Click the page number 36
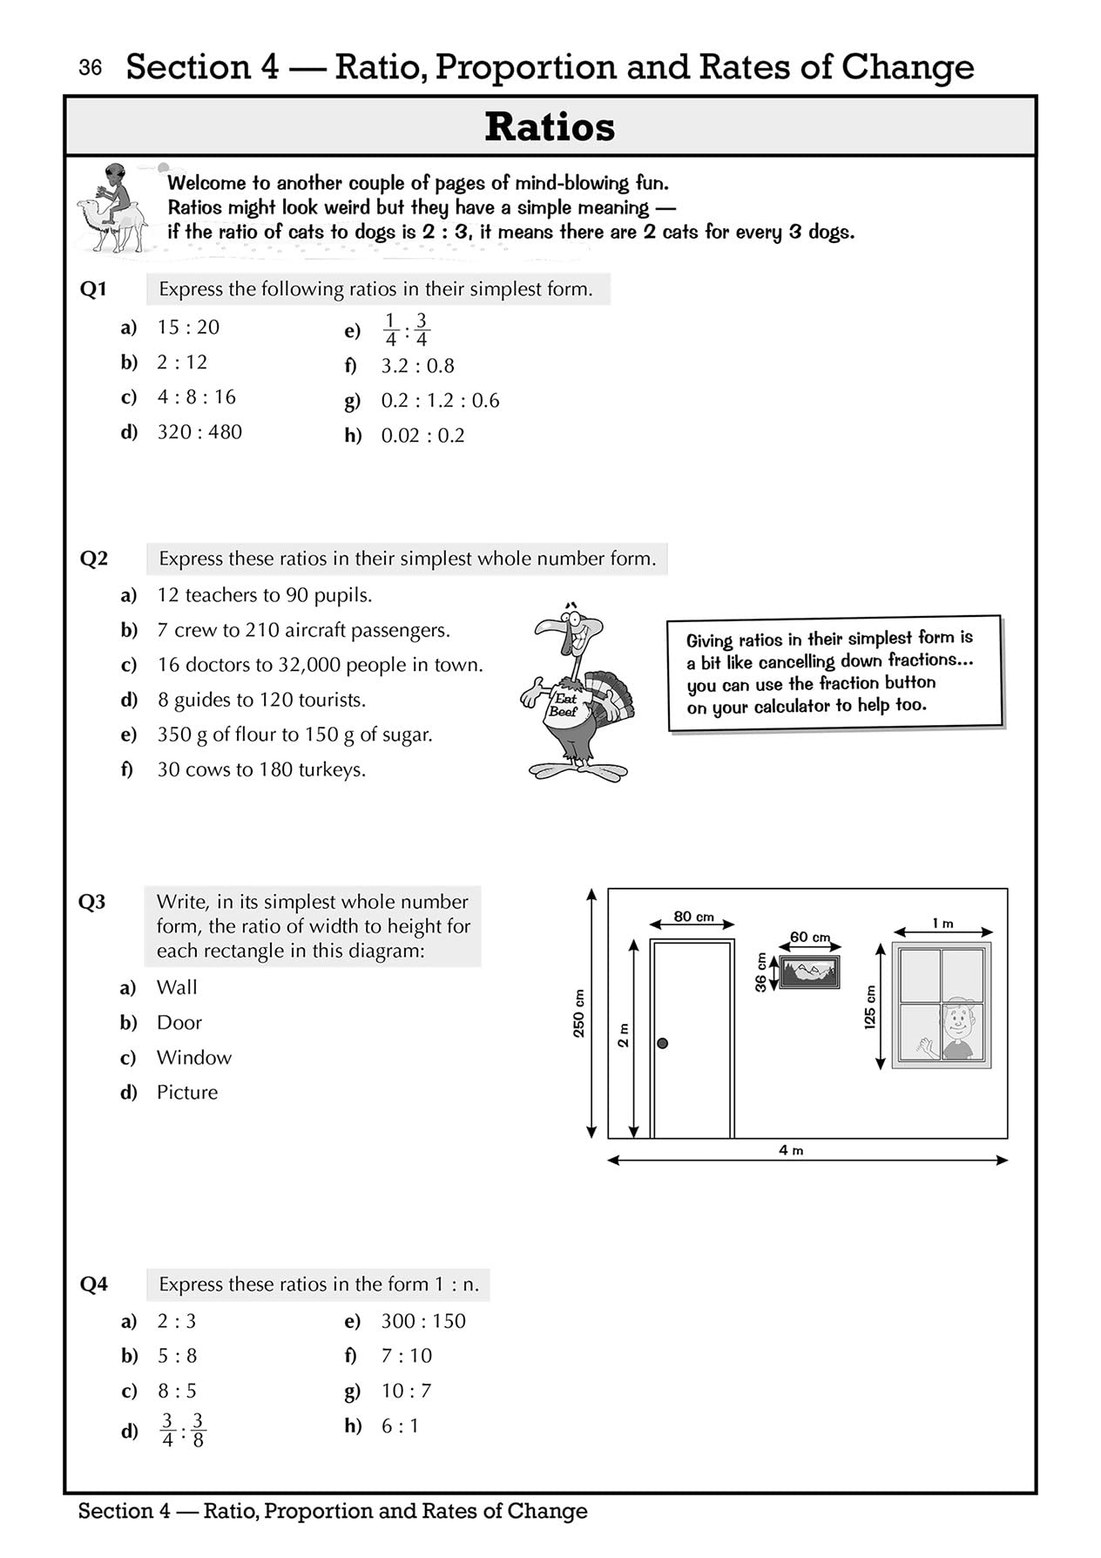pyautogui.click(x=90, y=68)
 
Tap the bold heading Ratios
pyautogui.click(x=550, y=127)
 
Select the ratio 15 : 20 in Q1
pyautogui.click(x=188, y=328)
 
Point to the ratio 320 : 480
pyautogui.click(x=199, y=432)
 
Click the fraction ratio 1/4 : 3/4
pyautogui.click(x=406, y=330)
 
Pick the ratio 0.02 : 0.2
pyautogui.click(x=422, y=436)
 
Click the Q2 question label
pyautogui.click(x=94, y=559)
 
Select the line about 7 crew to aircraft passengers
pyautogui.click(x=303, y=630)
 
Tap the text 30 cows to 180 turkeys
pyautogui.click(x=261, y=769)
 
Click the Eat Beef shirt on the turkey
pyautogui.click(x=564, y=704)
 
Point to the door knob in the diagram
pyautogui.click(x=662, y=1043)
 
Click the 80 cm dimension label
pyautogui.click(x=693, y=917)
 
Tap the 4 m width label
pyautogui.click(x=791, y=1150)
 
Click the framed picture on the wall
pyautogui.click(x=809, y=972)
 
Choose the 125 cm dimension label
pyautogui.click(x=869, y=1007)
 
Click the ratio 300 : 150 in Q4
pyautogui.click(x=423, y=1321)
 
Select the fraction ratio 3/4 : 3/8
pyautogui.click(x=183, y=1430)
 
